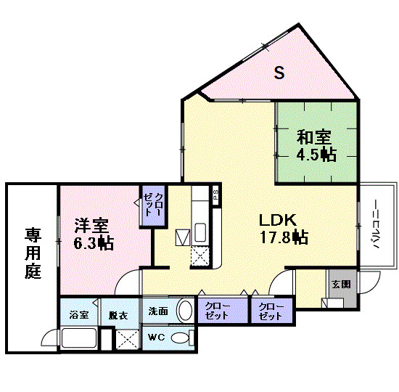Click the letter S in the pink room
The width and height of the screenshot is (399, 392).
[x=279, y=72]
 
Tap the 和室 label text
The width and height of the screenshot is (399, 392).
[x=313, y=136]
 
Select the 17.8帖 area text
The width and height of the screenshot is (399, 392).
[x=284, y=237]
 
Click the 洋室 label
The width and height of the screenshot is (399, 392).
[x=89, y=226]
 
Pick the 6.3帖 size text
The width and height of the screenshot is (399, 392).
[x=93, y=243]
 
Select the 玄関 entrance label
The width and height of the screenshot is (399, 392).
[x=340, y=285]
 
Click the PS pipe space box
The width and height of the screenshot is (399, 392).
[x=215, y=194]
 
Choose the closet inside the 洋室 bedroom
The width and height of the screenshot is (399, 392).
[x=153, y=206]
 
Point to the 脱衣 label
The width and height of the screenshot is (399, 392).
[x=118, y=314]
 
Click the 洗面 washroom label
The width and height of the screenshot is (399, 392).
[x=159, y=311]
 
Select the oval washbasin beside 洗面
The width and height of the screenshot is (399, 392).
[x=184, y=311]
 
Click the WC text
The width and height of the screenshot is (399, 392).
[x=157, y=338]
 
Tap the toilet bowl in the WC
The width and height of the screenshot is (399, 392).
[x=181, y=338]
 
